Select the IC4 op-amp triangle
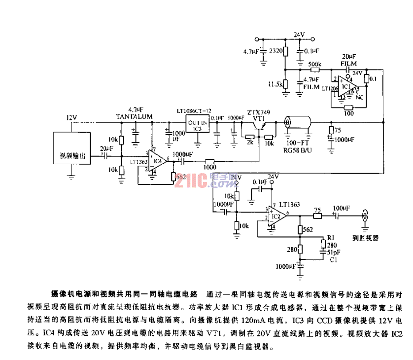click(157, 160)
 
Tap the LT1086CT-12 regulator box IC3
click(197, 124)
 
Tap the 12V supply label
click(72, 117)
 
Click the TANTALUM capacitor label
click(134, 116)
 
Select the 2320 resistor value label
click(276, 51)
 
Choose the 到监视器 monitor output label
click(365, 237)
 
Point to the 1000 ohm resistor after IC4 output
click(210, 161)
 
